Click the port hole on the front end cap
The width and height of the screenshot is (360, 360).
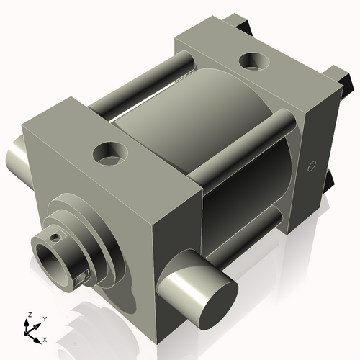(109, 153)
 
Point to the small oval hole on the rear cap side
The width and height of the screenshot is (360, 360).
(311, 166)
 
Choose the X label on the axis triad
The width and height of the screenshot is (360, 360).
(45, 338)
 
